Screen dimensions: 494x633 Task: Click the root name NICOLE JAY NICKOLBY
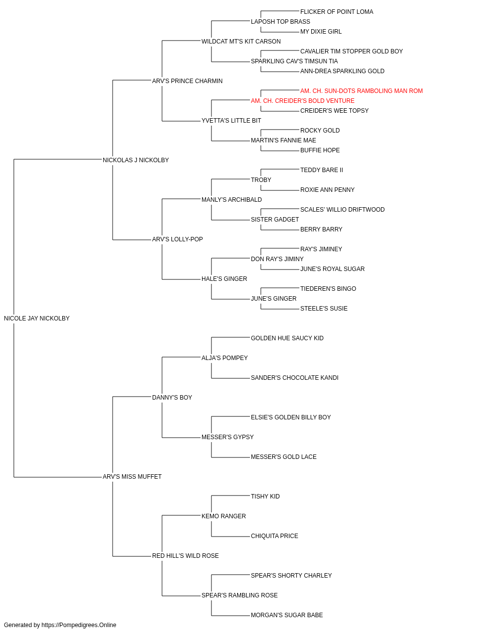click(x=37, y=318)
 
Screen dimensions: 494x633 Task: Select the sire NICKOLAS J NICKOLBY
click(x=135, y=160)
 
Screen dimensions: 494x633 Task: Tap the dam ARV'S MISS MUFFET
click(x=132, y=477)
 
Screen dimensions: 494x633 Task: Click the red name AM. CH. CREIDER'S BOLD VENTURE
click(x=302, y=101)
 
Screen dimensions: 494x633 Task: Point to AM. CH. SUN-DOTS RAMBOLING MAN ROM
click(x=361, y=91)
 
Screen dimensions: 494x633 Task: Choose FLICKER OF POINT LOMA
click(x=336, y=12)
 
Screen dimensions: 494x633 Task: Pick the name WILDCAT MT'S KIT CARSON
click(x=241, y=42)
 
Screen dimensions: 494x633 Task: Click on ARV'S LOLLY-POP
click(x=177, y=239)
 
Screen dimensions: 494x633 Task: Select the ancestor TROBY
click(x=261, y=180)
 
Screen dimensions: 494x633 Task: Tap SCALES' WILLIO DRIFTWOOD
click(x=342, y=210)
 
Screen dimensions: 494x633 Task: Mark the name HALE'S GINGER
click(x=224, y=279)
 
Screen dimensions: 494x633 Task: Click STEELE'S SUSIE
click(x=324, y=309)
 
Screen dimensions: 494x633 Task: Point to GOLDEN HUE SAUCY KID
click(x=287, y=338)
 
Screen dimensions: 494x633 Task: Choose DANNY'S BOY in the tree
click(x=172, y=398)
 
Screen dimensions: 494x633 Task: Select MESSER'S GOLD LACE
click(x=284, y=457)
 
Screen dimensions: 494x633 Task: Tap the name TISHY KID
click(x=265, y=497)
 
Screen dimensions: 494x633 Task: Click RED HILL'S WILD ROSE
click(x=185, y=556)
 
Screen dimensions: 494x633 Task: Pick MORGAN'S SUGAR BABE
click(x=287, y=615)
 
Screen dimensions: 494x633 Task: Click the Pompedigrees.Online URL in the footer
click(x=79, y=625)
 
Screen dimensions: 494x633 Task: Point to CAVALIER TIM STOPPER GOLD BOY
click(x=351, y=51)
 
